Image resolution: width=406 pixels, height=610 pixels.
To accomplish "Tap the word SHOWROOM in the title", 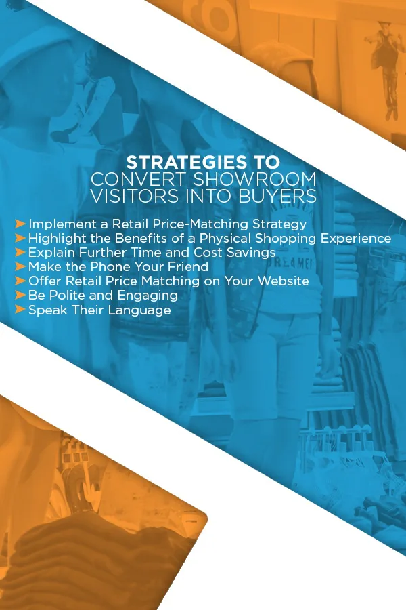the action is [x=254, y=180].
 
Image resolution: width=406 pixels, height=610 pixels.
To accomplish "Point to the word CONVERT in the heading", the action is [x=138, y=180].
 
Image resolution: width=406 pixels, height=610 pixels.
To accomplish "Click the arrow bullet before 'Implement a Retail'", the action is [x=20, y=224].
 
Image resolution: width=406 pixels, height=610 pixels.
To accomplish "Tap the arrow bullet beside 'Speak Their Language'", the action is [x=20, y=310].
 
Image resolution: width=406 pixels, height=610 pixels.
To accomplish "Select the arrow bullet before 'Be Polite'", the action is [x=20, y=296].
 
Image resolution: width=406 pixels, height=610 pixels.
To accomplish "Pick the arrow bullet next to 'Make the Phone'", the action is [x=20, y=266].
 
